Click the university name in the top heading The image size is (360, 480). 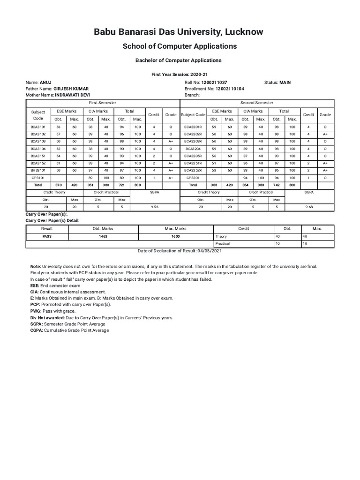click(x=179, y=32)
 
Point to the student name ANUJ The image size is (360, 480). click(x=46, y=82)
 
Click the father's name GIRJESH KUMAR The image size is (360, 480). click(x=71, y=89)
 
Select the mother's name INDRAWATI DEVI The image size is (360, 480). click(x=72, y=95)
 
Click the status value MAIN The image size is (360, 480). click(x=285, y=82)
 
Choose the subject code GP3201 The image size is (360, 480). click(x=193, y=178)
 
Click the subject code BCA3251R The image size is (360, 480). click(x=193, y=163)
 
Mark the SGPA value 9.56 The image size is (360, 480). click(x=155, y=206)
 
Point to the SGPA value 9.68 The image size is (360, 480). click(x=309, y=206)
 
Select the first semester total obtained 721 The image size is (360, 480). click(x=122, y=185)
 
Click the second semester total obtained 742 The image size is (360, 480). click(x=276, y=185)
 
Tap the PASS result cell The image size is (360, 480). click(x=47, y=237)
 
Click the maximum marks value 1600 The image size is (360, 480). click(x=175, y=237)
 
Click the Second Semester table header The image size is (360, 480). click(x=257, y=102)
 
